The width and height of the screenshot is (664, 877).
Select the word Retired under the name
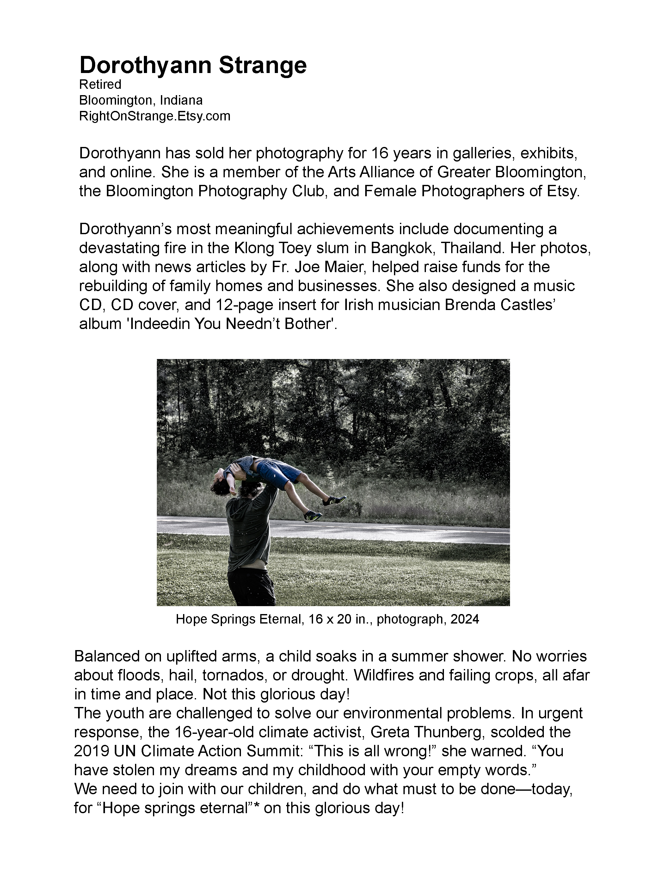(100, 84)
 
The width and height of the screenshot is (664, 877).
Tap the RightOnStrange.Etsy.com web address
(155, 116)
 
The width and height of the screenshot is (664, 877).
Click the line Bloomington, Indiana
(141, 100)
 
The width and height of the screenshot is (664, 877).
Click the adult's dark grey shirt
(249, 531)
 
